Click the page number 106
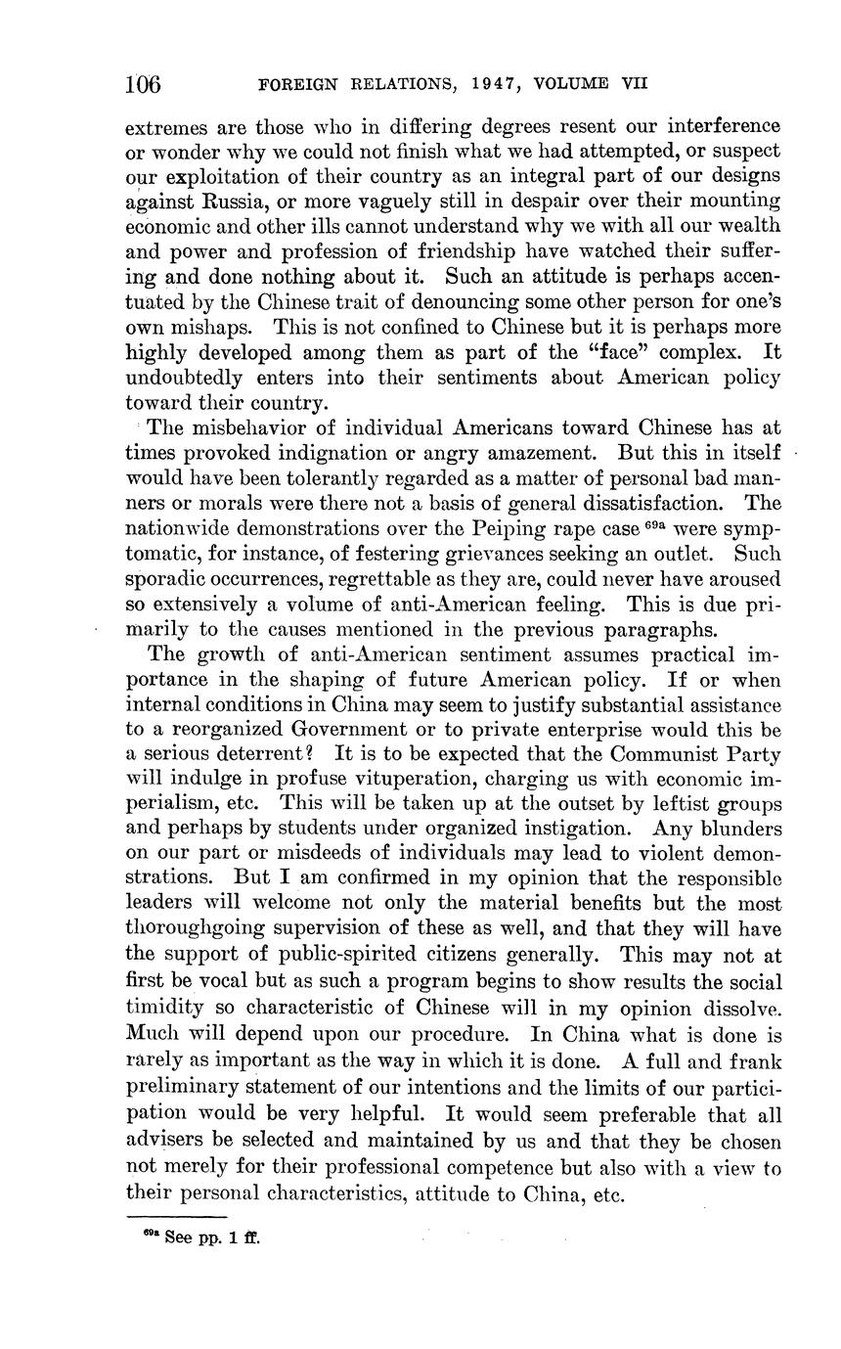pos(143,84)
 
